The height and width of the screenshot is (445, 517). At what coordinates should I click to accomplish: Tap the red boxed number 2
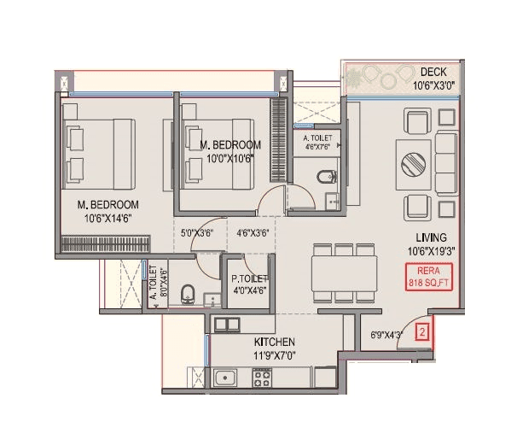tap(421, 333)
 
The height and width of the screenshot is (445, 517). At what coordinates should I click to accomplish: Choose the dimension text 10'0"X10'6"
tap(229, 157)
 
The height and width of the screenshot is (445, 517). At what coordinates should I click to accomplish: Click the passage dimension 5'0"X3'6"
tap(197, 231)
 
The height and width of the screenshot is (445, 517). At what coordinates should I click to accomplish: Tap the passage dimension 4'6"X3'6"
tap(254, 231)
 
